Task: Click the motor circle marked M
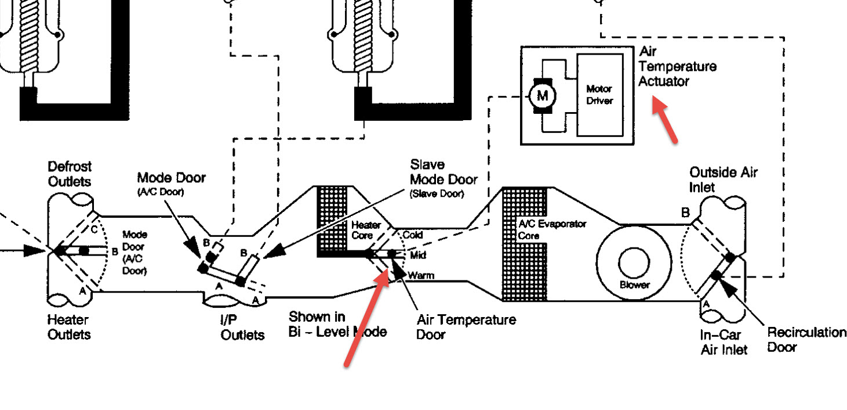coord(543,95)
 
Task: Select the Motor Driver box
coord(599,95)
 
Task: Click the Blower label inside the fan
coord(635,285)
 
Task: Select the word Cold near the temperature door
coord(412,235)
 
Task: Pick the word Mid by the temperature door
coord(418,255)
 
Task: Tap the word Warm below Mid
coord(421,275)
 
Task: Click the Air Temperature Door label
coord(466,327)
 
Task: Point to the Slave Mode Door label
coord(444,172)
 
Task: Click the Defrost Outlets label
coord(69,174)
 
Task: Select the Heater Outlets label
coord(69,327)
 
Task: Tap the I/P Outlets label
coord(242,328)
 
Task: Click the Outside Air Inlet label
coord(723,180)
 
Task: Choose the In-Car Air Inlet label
coord(724,342)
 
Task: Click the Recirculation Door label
coord(806,340)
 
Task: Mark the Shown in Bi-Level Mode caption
coord(337,324)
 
